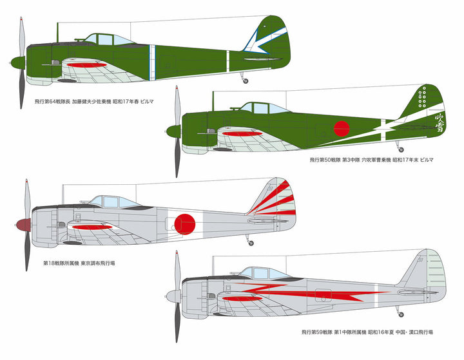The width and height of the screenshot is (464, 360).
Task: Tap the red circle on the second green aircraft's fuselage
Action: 342,128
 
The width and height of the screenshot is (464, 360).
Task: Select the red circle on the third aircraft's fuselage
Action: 186,223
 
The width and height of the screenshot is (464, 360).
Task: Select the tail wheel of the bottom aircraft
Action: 401,313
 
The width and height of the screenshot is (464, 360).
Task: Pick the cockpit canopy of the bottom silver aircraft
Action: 261,274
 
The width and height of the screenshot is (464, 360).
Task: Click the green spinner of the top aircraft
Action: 17,62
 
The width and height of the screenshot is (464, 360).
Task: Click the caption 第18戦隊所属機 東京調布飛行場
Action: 83,263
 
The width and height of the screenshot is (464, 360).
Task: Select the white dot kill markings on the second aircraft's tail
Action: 423,99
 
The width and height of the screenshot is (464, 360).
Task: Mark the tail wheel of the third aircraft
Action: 251,242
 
